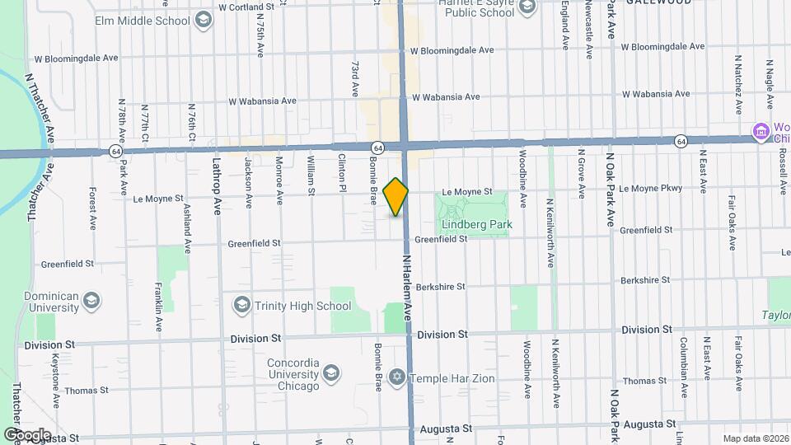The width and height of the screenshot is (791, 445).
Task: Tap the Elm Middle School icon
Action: coord(202,20)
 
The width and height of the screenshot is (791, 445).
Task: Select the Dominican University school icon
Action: coord(92,300)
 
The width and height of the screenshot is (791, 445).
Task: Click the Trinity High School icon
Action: coord(241,306)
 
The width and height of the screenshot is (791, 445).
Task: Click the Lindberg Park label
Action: coord(476,224)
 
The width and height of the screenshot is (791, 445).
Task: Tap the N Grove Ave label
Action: coord(581,174)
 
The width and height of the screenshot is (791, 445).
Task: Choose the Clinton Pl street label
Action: coord(340,175)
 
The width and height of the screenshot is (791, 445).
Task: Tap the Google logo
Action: coord(27,434)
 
